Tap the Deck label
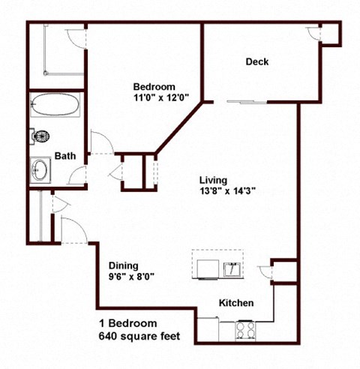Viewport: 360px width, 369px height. pos(257,62)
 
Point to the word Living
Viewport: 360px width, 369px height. pos(213,180)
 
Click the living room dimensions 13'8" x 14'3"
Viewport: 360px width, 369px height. pos(227,191)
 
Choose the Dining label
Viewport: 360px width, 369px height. pos(124,265)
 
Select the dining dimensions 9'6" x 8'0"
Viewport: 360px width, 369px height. pos(131,276)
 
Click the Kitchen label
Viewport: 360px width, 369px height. pos(235,303)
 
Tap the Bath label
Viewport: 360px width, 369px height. pos(65,156)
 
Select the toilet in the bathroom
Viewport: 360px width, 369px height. pos(42,136)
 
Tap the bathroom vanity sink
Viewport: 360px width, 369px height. pos(41,170)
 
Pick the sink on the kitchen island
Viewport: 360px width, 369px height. pos(231,268)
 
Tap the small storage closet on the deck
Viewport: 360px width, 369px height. pos(331,34)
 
